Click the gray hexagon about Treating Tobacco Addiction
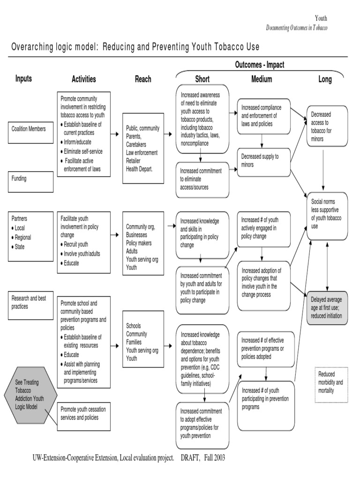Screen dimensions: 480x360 coord(30,394)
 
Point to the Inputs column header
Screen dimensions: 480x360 coord(23,79)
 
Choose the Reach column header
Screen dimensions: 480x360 coord(143,79)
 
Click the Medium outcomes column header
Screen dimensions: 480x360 coord(262,79)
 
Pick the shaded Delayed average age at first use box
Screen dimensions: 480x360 coord(327,307)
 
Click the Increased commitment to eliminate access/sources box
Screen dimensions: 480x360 coord(202,179)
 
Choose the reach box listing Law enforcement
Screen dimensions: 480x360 coord(143,149)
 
